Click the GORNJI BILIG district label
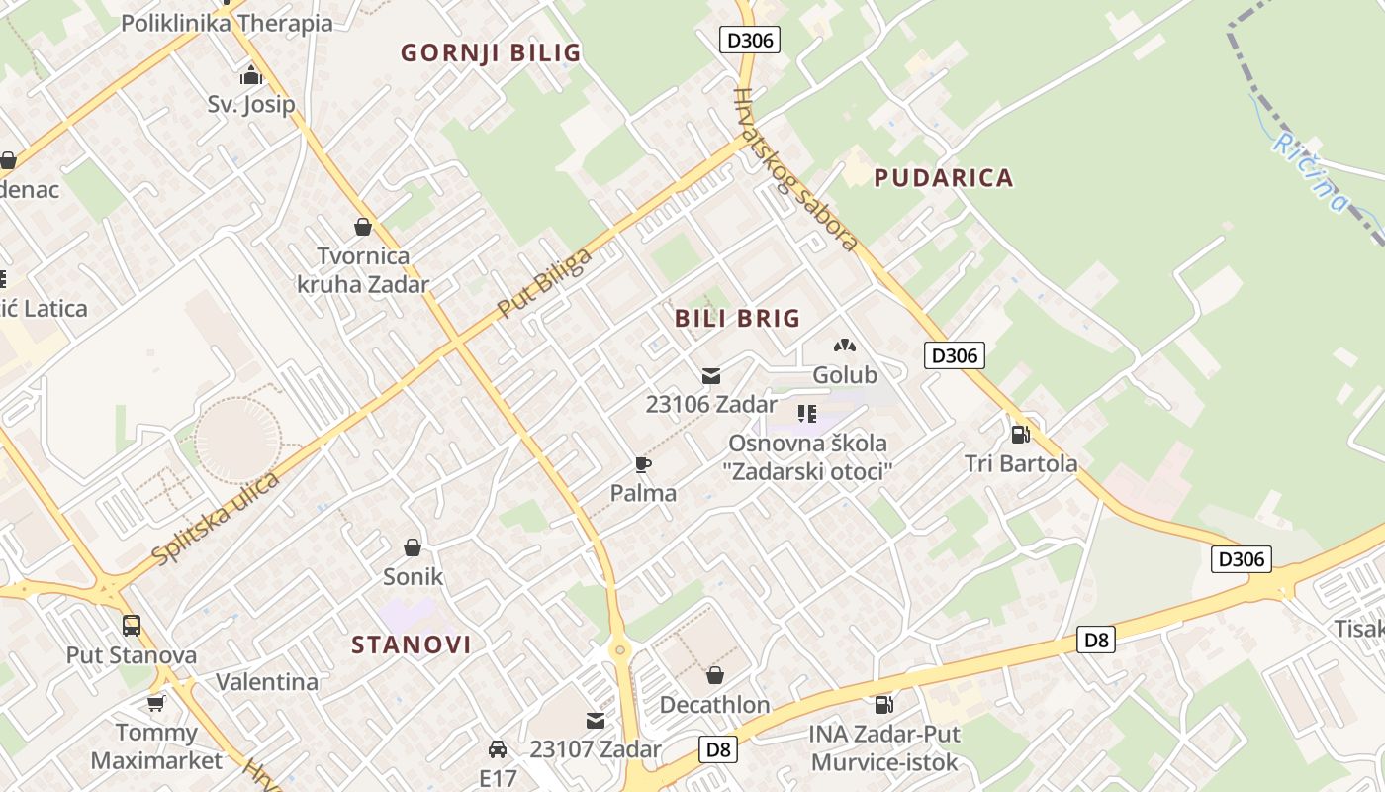point(491,53)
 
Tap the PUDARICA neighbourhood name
point(944,178)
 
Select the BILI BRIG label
point(737,319)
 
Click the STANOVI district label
point(412,645)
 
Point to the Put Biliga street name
point(544,283)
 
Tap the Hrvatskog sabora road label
point(794,168)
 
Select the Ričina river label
point(1311,172)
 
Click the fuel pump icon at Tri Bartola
point(1020,434)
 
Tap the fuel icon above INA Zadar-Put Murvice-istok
point(883,705)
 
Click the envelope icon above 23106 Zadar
point(711,376)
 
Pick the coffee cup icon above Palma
point(643,464)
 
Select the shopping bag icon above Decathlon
point(714,676)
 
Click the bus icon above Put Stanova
point(132,626)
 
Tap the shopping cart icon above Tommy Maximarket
point(155,703)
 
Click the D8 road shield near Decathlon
point(718,749)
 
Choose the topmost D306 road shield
point(750,40)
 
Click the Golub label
point(845,375)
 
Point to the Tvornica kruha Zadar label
point(363,270)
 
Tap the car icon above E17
point(498,749)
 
